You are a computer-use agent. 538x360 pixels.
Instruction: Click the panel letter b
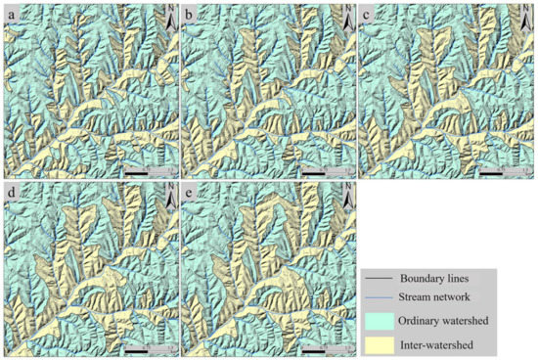tap(190, 15)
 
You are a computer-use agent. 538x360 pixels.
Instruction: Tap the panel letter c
tap(369, 15)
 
